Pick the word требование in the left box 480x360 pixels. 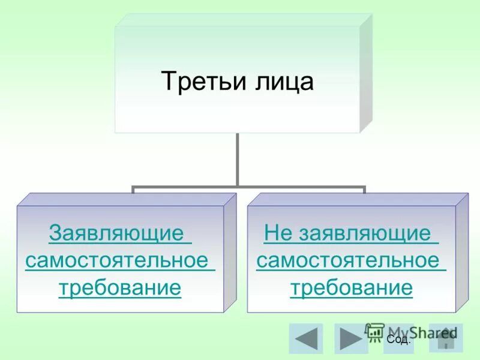(120, 288)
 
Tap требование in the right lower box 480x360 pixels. (352, 288)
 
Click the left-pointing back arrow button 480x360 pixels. (305, 338)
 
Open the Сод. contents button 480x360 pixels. (399, 340)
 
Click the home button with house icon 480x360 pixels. (446, 338)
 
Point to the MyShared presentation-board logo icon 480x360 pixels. (375, 331)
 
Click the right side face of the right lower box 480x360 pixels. (461, 252)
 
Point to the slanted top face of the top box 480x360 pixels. (240, 19)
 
